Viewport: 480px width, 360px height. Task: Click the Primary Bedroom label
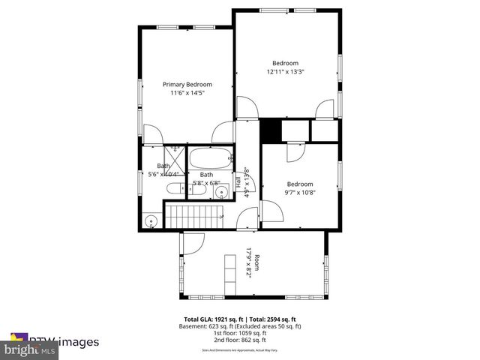click(x=187, y=85)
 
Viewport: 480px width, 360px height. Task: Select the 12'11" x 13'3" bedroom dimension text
click(x=285, y=72)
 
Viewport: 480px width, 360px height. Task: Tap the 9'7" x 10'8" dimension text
click(x=300, y=193)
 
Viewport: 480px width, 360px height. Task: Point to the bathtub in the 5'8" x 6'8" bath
click(x=211, y=158)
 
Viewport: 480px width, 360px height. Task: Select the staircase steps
click(x=194, y=217)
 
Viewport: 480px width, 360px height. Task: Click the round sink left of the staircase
click(x=151, y=221)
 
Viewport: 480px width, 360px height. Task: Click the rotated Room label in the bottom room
click(x=257, y=263)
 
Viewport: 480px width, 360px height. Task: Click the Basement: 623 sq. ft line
click(x=240, y=326)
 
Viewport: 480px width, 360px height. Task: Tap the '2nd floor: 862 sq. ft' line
click(x=240, y=340)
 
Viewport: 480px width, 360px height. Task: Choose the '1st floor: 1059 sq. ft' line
click(x=240, y=333)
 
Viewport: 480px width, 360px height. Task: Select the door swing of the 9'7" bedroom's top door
click(x=295, y=151)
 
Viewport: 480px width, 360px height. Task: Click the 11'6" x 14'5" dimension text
click(x=187, y=93)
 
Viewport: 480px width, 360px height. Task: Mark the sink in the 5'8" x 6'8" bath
click(x=220, y=193)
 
